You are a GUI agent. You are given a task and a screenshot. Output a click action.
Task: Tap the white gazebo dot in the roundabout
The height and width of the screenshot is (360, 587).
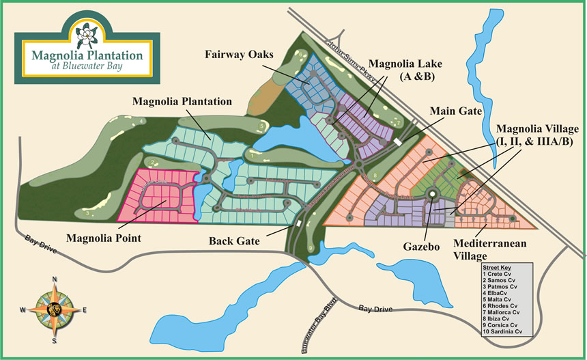(432, 195)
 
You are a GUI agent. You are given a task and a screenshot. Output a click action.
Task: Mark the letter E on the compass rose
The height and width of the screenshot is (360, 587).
(84, 309)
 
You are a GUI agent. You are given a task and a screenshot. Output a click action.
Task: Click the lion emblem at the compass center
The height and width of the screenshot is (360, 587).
(55, 309)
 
